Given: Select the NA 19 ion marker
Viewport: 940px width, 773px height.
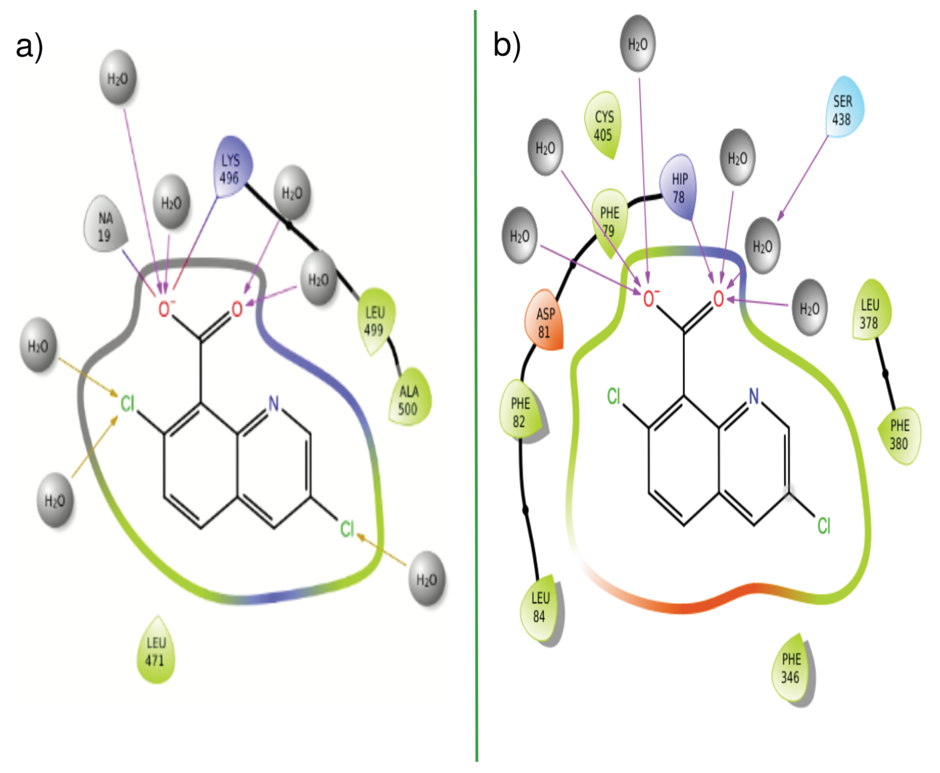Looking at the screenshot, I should [x=105, y=226].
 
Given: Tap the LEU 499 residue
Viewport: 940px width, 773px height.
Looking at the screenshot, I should [x=375, y=320].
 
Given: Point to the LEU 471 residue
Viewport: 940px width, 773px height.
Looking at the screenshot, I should [x=156, y=651].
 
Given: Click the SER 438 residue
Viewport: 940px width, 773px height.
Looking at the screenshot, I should [x=842, y=110].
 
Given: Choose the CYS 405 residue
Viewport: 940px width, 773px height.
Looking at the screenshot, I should [x=603, y=126].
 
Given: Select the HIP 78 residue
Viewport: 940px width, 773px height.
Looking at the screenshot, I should [x=679, y=188].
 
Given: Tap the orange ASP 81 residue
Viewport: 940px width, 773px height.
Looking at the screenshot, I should [x=545, y=322].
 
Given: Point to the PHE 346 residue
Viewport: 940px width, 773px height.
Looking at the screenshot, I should [x=791, y=668].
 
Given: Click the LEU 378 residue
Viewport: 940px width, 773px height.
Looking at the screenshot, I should [x=870, y=313].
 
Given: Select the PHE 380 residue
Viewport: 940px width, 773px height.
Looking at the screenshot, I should [x=899, y=434].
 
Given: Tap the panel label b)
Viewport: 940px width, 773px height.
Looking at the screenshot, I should [x=507, y=46].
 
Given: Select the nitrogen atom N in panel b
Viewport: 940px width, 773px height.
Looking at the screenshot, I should [x=753, y=395].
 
